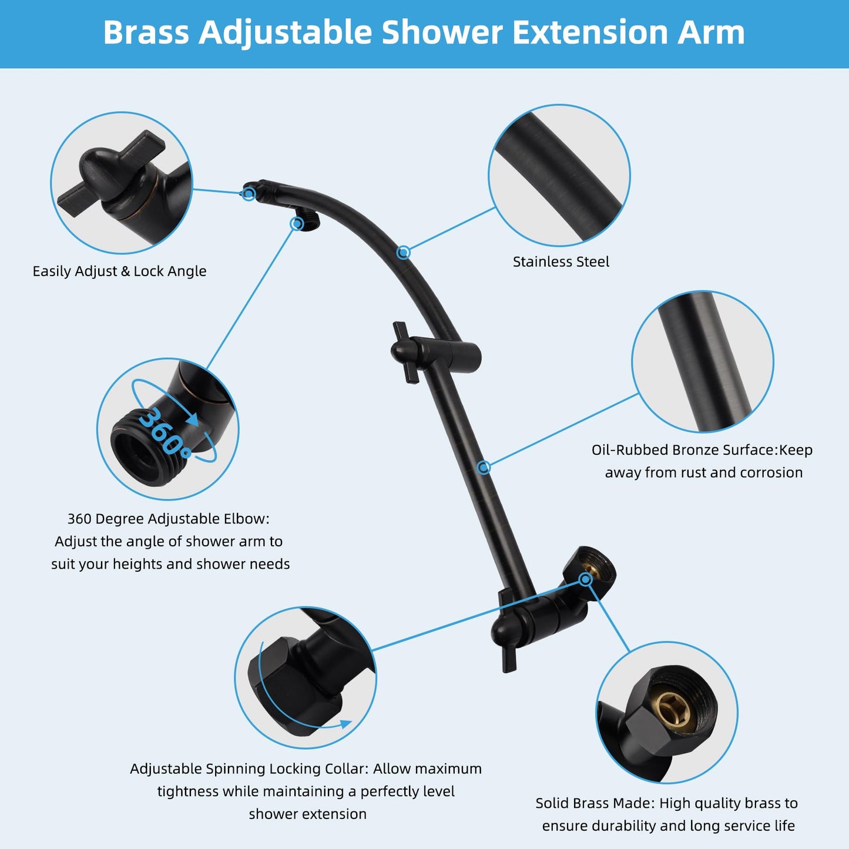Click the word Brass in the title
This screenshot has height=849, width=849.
[x=146, y=32]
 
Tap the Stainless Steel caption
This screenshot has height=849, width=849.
[x=561, y=261]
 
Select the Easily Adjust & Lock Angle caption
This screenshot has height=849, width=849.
[x=119, y=271]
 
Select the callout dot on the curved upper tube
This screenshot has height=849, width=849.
[x=403, y=253]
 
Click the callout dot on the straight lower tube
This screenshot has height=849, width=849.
[x=484, y=467]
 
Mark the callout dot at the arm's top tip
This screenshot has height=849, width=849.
[x=249, y=193]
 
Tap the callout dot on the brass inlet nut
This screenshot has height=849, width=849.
[x=585, y=579]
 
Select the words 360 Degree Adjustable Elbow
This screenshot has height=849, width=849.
[x=168, y=519]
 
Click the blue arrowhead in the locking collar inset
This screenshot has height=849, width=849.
[x=345, y=724]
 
